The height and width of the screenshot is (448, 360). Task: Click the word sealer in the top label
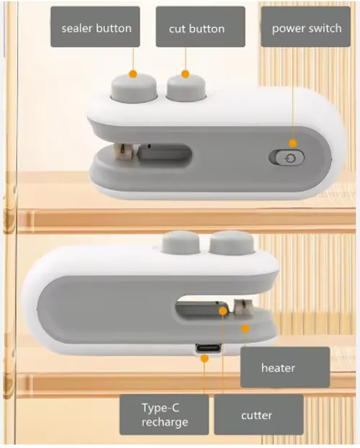click(x=76, y=29)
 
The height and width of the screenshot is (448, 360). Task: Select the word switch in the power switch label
click(x=324, y=28)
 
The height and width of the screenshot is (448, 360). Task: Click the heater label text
click(x=278, y=368)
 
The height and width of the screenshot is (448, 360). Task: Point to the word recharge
click(x=165, y=422)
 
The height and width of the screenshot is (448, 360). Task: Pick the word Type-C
click(x=161, y=408)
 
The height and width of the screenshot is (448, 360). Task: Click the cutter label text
click(x=256, y=416)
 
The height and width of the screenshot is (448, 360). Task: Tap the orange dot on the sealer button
click(x=133, y=74)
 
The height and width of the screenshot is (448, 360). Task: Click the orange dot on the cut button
click(x=186, y=74)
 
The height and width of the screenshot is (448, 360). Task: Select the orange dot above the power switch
click(x=293, y=143)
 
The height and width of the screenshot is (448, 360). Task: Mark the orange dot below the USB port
click(x=204, y=358)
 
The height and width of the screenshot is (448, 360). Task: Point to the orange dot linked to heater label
click(x=245, y=328)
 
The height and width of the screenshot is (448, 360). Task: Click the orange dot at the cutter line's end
click(x=223, y=311)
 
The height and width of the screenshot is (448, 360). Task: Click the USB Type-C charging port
click(x=208, y=349)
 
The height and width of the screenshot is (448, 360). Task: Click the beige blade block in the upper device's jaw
click(x=123, y=151)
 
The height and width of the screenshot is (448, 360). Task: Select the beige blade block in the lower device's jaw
click(x=243, y=307)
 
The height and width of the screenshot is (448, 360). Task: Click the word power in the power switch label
click(x=287, y=29)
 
